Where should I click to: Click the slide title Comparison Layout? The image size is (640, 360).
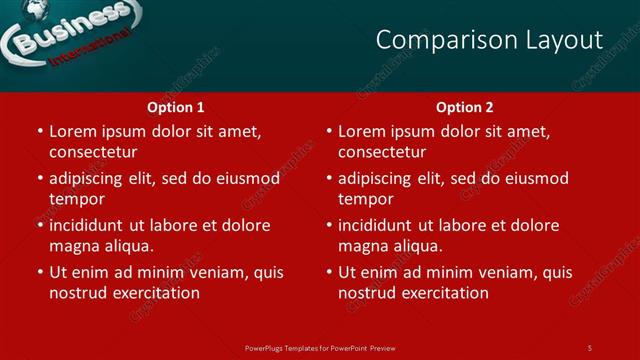[489, 40]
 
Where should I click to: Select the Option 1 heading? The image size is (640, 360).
[176, 107]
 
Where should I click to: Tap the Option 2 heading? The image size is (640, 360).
[465, 107]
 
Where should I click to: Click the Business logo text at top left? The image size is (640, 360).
[68, 31]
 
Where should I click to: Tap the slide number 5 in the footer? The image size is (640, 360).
[589, 347]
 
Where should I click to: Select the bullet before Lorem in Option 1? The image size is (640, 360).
[39, 131]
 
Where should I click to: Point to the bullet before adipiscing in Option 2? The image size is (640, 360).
[328, 178]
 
